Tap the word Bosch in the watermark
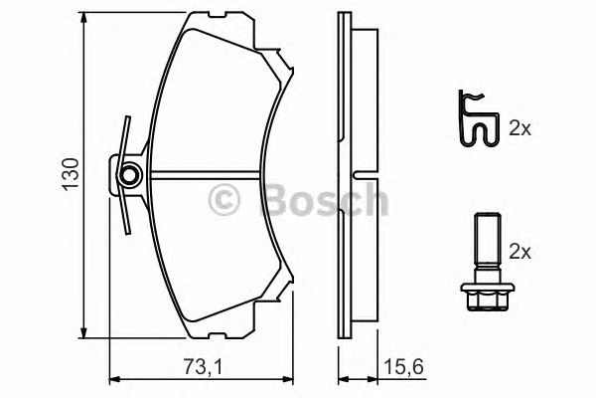(x=322, y=202)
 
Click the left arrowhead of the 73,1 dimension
(x=112, y=379)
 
